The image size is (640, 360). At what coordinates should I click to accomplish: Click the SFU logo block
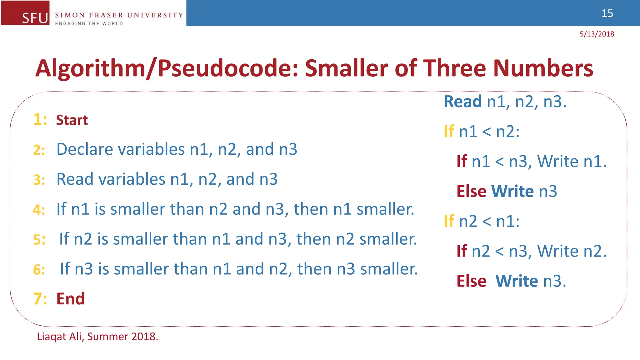(25, 13)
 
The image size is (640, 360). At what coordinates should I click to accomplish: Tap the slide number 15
(607, 13)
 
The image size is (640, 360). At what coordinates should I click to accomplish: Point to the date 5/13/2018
(597, 34)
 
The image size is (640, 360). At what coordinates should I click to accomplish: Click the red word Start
(72, 120)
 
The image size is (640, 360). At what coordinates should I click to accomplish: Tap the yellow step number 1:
(40, 120)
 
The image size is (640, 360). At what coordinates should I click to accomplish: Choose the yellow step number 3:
(39, 180)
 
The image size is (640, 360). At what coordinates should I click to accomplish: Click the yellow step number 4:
(39, 210)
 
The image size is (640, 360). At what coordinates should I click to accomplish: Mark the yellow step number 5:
(39, 240)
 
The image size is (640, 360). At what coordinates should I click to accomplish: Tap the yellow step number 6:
(39, 270)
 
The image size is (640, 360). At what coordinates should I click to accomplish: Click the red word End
(70, 299)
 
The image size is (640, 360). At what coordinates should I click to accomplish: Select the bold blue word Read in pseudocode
(462, 102)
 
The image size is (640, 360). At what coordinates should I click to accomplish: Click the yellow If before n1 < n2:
(449, 131)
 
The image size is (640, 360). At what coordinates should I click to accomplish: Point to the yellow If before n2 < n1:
(449, 221)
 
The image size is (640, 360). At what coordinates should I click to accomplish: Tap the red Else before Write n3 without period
(471, 191)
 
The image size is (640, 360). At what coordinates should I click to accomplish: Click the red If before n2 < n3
(462, 251)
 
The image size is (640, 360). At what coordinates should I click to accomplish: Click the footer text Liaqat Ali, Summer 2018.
(97, 337)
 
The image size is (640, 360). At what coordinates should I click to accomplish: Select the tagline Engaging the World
(89, 23)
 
